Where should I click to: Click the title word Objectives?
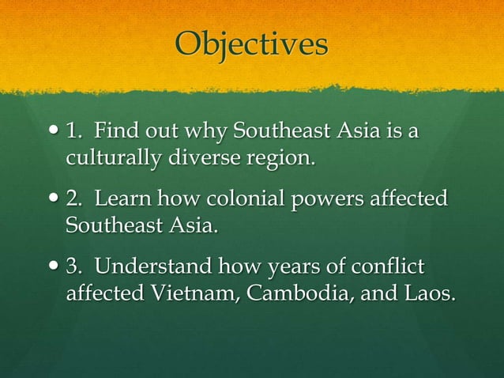pos(251,44)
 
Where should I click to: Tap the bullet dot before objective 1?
pos(53,132)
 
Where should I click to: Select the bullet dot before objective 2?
pos(53,199)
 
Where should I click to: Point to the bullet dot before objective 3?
pos(53,266)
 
